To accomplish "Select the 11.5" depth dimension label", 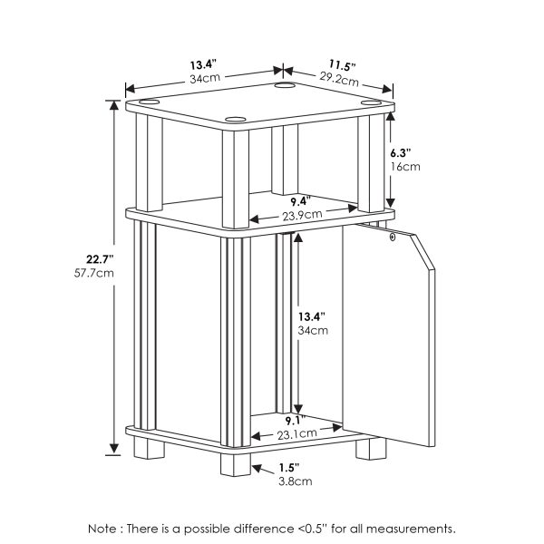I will pos(342,65).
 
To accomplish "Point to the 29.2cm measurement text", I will pos(342,79).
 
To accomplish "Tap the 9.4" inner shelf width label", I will pos(300,200).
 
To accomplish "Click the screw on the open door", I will pos(392,238).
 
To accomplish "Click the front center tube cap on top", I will pos(238,119).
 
